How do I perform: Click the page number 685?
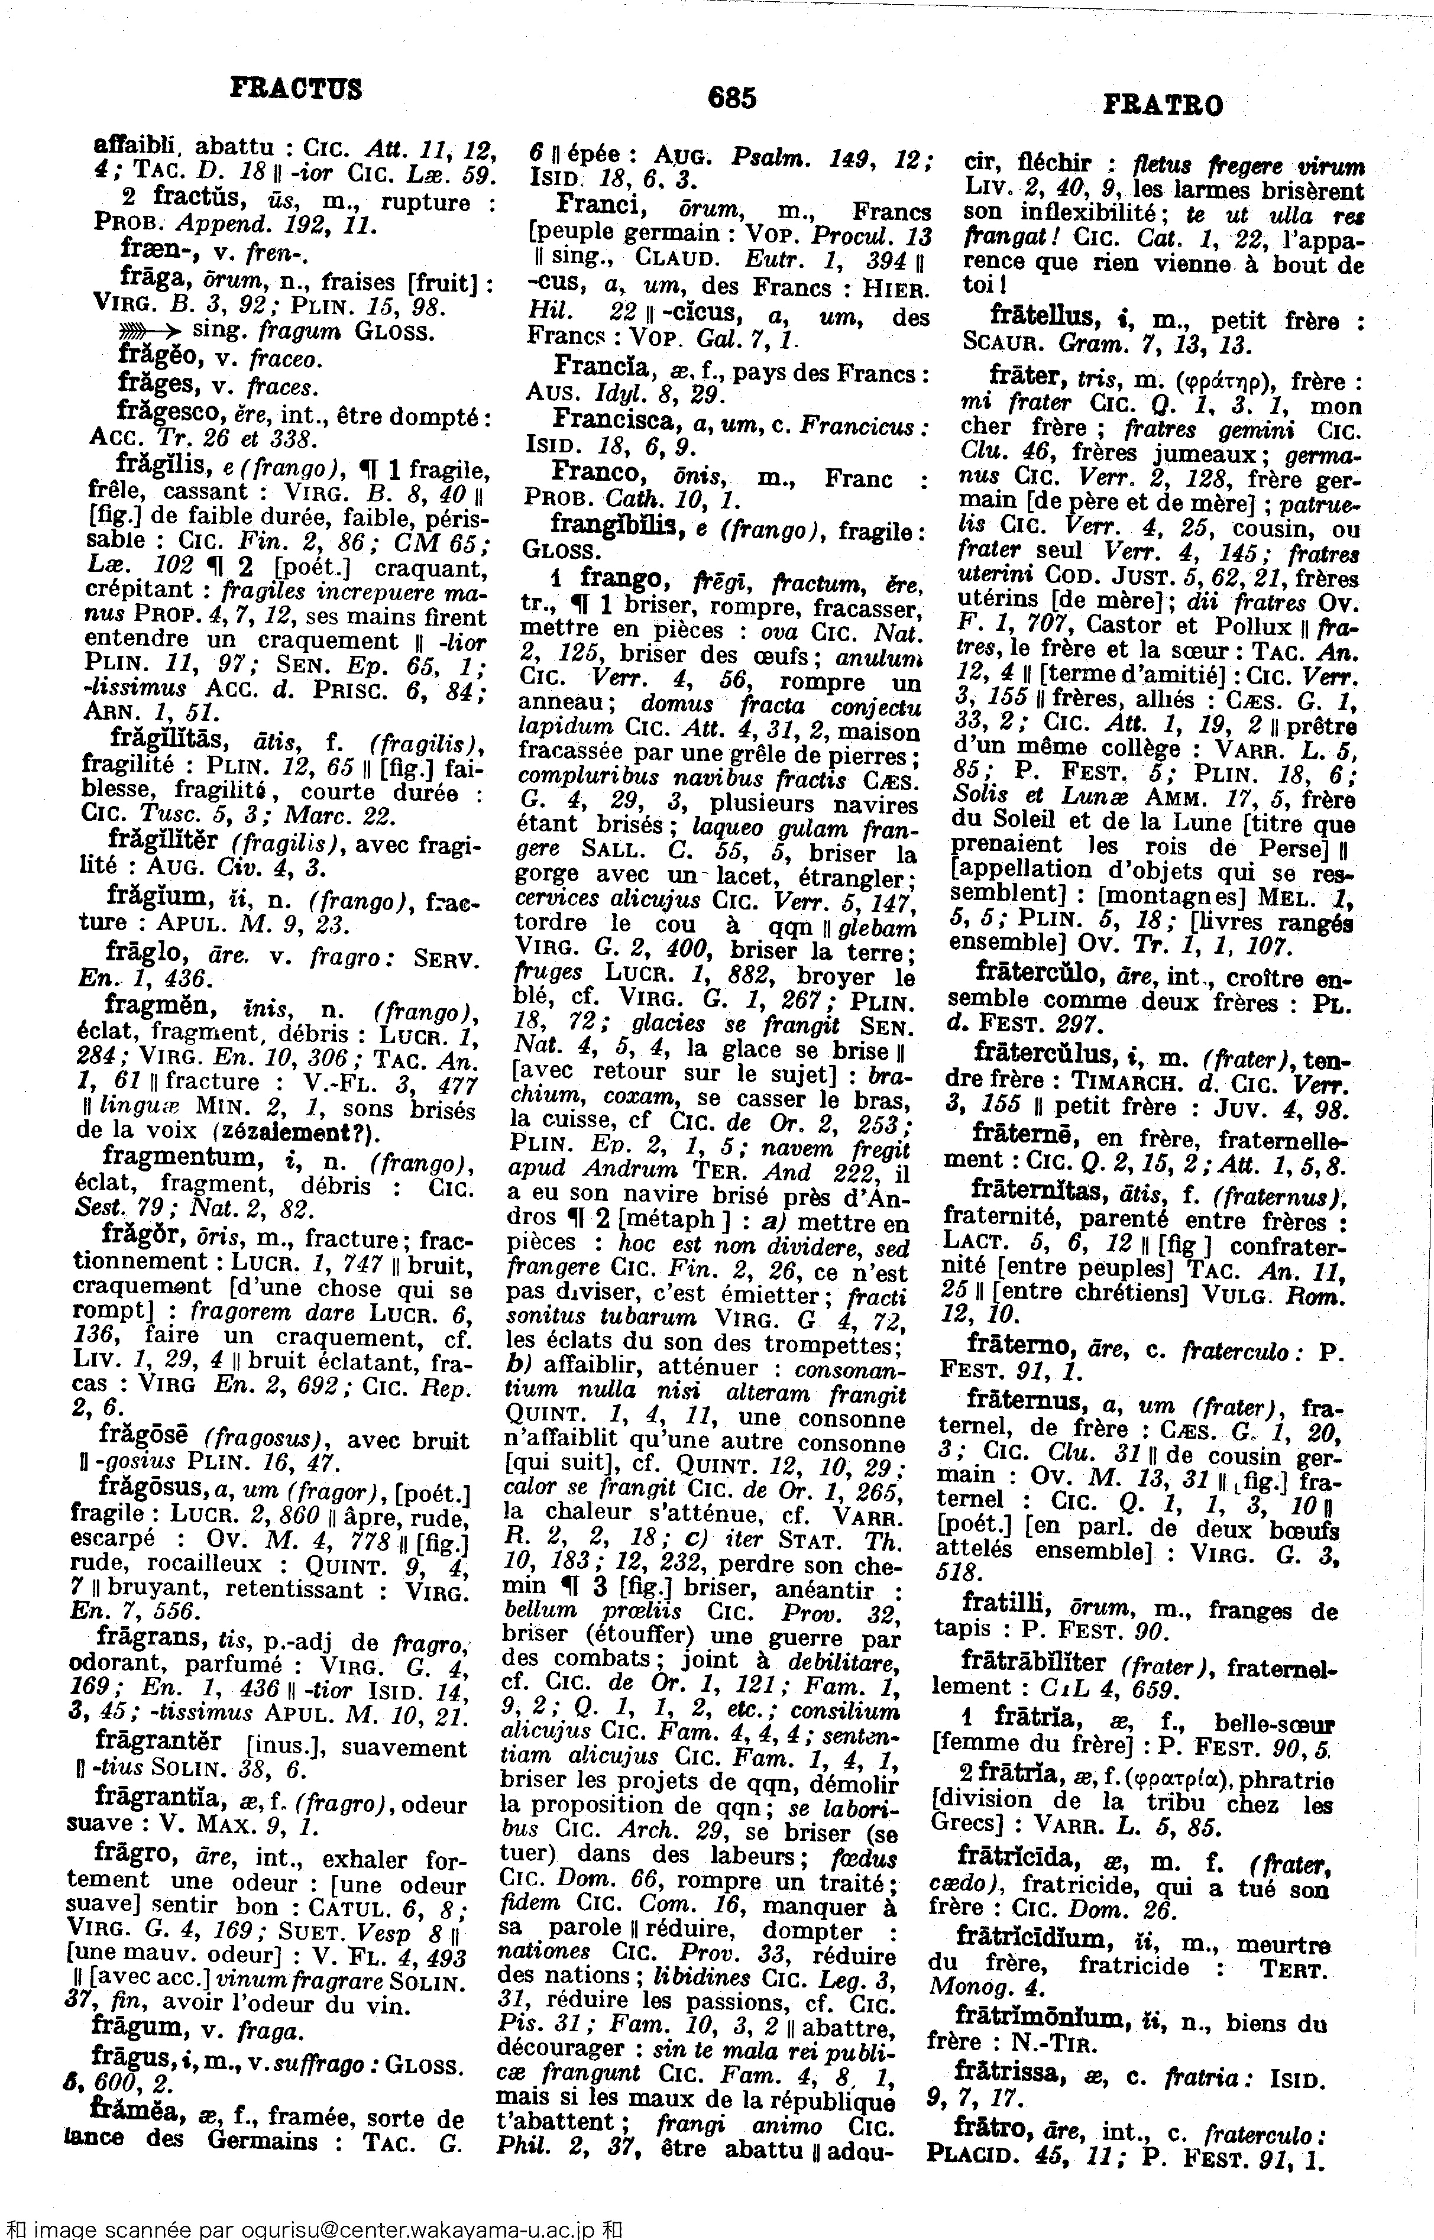point(732,97)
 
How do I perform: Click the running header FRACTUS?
point(296,89)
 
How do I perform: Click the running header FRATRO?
point(1163,105)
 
